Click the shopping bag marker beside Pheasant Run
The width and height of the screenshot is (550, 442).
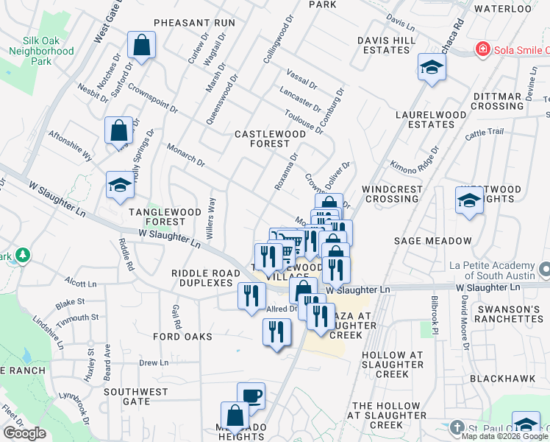141,46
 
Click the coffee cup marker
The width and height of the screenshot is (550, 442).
251,396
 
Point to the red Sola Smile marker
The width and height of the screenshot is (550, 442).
482,49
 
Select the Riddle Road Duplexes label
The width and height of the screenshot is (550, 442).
206,278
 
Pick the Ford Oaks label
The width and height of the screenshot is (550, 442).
182,337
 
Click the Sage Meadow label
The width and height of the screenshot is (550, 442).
443,241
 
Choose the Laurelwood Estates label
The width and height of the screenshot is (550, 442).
431,119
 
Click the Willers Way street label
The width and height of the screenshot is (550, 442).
214,214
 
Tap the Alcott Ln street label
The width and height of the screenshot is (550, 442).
80,283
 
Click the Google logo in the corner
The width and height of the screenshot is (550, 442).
24,433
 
